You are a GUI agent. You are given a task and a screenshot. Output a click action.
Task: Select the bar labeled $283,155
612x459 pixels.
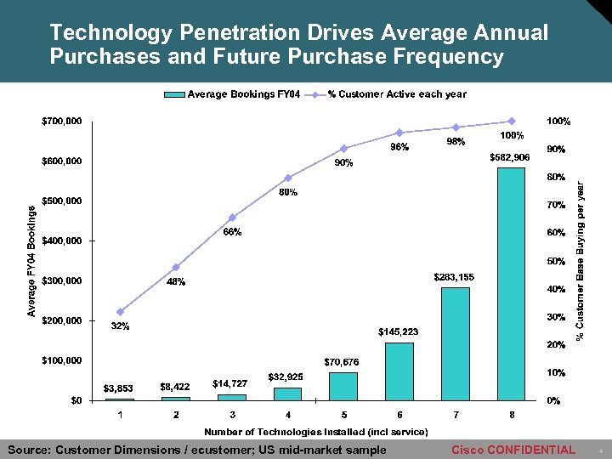coord(455,343)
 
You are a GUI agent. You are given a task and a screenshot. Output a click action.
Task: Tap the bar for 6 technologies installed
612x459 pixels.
coord(399,371)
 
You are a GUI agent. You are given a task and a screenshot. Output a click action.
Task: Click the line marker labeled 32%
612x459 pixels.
coord(120,312)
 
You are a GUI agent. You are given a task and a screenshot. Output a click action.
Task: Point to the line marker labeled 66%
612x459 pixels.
coord(232,218)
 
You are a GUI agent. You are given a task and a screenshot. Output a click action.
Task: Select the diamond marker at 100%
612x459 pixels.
coord(512,121)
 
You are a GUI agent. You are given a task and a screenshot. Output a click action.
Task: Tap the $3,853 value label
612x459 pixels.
coord(119,388)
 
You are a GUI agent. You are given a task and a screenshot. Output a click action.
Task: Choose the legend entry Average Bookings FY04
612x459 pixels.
coord(234,94)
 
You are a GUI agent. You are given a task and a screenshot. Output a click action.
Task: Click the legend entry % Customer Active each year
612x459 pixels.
coord(396,94)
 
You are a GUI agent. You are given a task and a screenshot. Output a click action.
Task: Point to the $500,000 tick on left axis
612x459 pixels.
coord(62,201)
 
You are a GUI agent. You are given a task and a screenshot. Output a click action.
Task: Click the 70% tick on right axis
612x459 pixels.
coord(556,205)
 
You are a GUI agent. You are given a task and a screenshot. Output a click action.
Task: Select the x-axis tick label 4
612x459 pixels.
coord(287,414)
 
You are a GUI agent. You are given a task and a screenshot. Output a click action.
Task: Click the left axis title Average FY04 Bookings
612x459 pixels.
coord(31,261)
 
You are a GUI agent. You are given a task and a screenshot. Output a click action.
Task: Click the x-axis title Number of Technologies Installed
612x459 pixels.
coord(315,432)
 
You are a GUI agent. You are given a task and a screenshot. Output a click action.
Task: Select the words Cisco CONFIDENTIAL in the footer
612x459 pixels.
coord(513,450)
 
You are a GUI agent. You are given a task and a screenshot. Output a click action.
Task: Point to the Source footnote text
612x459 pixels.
coord(196,450)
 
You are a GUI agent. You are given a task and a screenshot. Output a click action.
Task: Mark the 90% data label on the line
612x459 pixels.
coord(344,163)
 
